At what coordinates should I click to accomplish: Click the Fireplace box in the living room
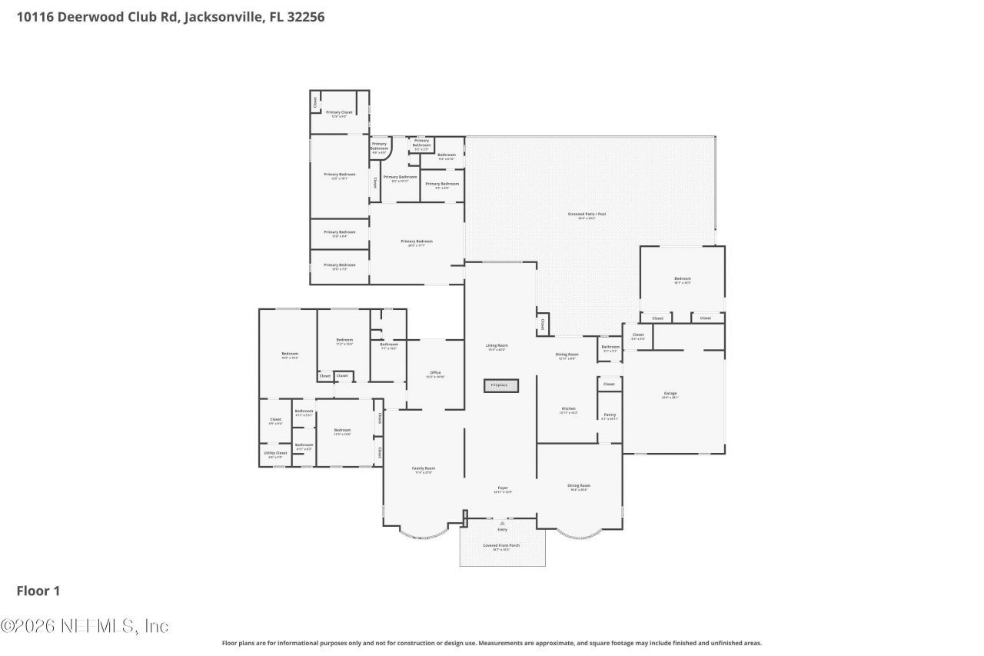[501, 385]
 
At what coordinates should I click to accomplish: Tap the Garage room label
[670, 394]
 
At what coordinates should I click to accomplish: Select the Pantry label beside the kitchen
[610, 415]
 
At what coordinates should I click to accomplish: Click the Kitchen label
[568, 409]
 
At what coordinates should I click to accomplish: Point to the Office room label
[435, 373]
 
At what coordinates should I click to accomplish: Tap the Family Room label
[424, 468]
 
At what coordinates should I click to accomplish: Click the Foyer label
[502, 488]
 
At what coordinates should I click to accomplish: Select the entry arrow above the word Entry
[503, 523]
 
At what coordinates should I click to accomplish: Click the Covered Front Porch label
[501, 545]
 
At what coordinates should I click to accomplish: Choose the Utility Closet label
[277, 453]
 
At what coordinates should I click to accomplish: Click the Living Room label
[497, 345]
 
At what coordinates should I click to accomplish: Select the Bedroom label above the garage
[683, 278]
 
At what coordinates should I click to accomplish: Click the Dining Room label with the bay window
[579, 486]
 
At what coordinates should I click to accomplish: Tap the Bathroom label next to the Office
[388, 345]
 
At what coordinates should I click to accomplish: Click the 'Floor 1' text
[38, 591]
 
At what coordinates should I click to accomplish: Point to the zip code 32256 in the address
[304, 16]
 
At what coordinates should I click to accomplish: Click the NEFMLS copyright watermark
[85, 626]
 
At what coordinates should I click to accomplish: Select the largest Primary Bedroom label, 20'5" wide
[413, 241]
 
